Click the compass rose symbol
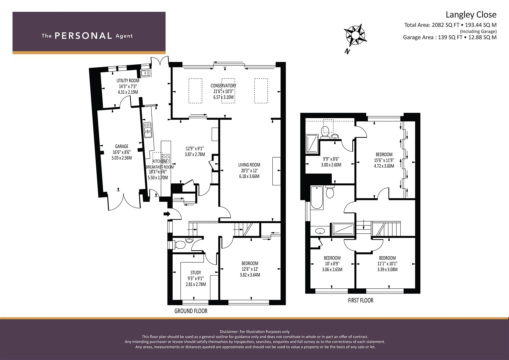coord(355,36)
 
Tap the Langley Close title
coord(471,15)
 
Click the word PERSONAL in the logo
coord(83,36)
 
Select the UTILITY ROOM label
coord(128,80)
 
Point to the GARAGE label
coord(122,146)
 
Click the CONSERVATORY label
coord(223,86)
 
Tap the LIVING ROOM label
coord(249,165)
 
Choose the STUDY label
coord(196,273)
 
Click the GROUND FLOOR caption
coord(191,311)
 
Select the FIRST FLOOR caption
coord(361,300)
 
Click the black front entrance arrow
coord(167,214)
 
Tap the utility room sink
coord(146,73)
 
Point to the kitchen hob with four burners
coord(166,159)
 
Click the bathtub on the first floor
coord(317,197)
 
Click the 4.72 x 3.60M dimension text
coord(384,166)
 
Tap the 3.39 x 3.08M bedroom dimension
coord(387,270)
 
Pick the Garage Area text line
coord(450,37)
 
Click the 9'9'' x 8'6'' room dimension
coord(331,159)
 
